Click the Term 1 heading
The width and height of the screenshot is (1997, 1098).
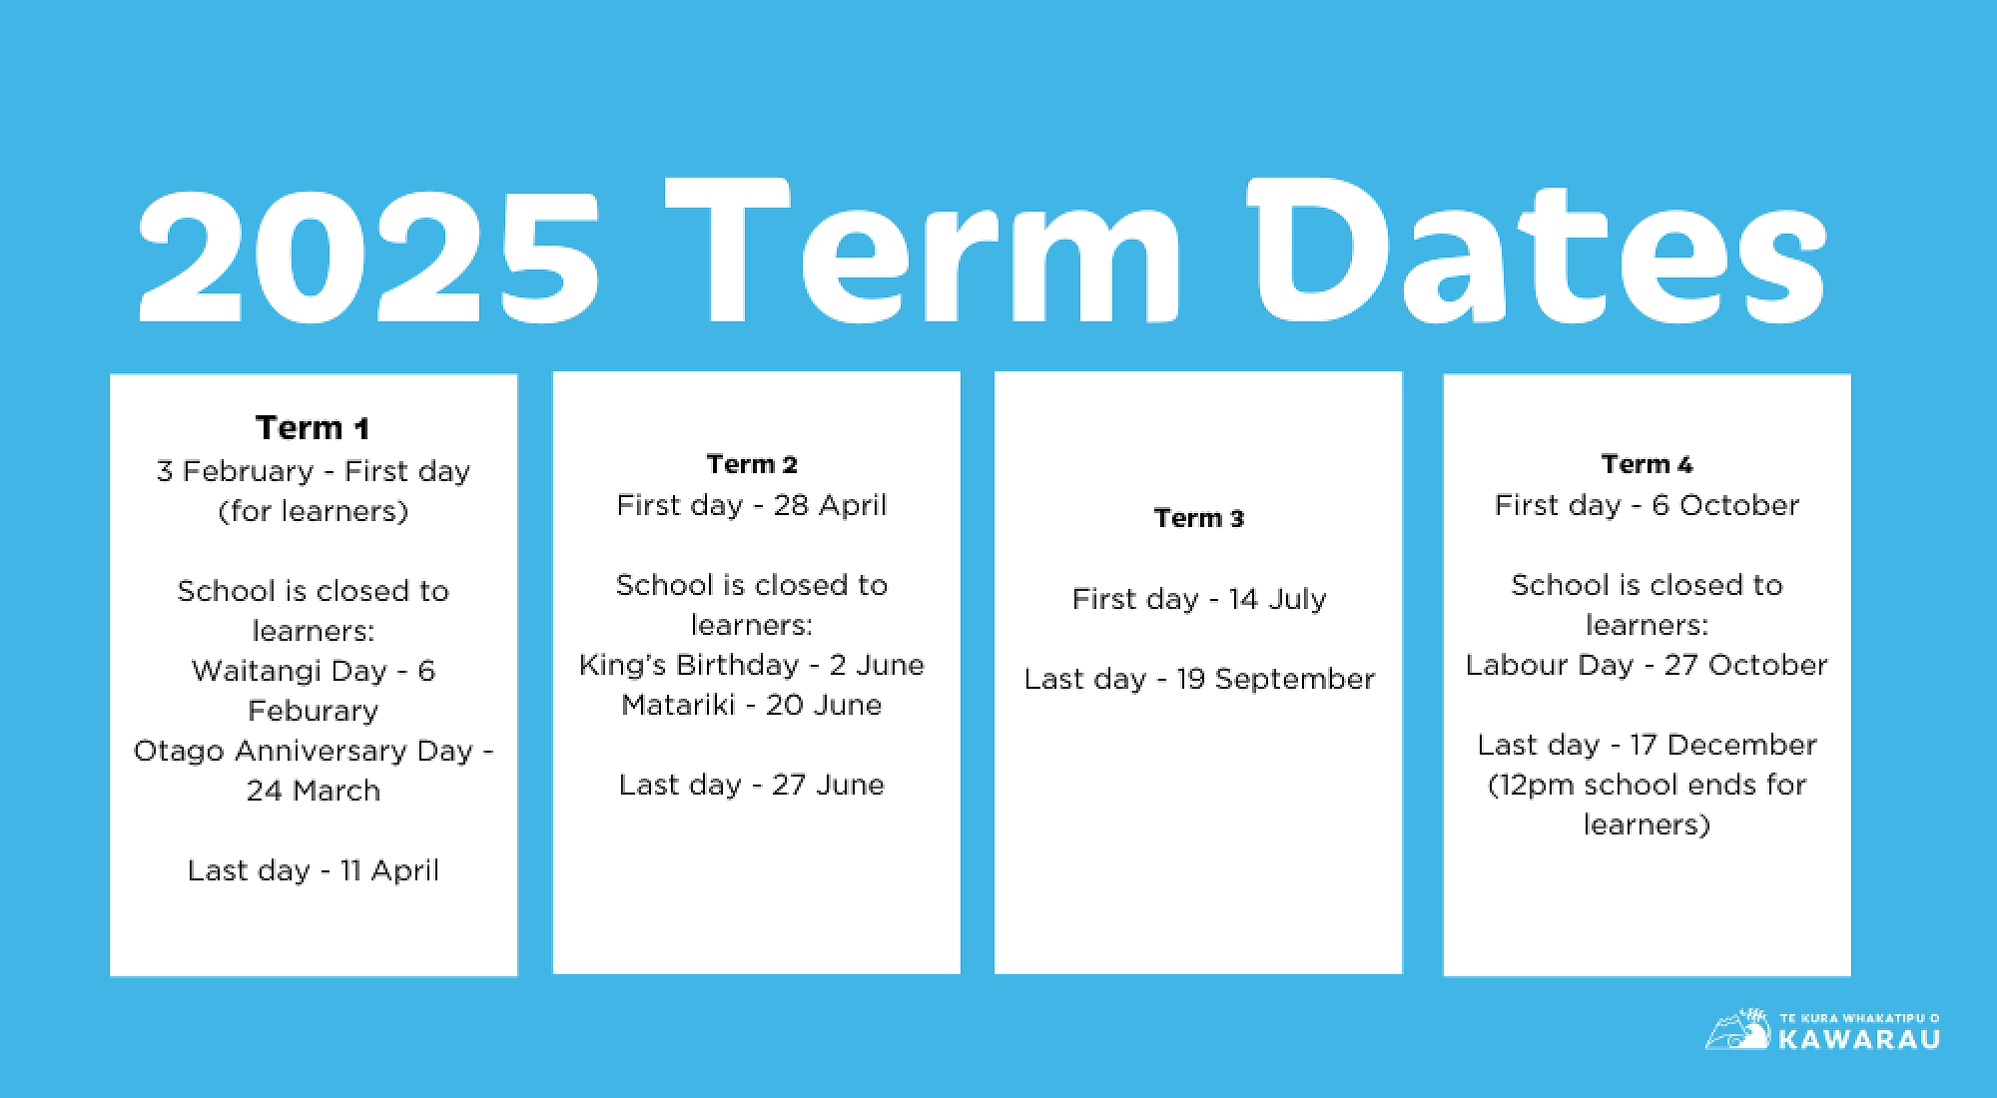313,427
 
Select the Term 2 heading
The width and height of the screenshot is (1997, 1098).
752,464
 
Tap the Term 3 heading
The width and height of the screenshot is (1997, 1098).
1199,518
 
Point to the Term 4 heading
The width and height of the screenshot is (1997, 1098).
1647,464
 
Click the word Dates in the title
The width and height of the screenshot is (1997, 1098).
1538,255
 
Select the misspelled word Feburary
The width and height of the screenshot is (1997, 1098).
314,711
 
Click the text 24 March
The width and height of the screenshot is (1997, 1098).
314,791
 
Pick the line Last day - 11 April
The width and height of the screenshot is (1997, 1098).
314,870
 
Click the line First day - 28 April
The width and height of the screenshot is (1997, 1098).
752,505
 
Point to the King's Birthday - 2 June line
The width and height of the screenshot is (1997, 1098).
752,665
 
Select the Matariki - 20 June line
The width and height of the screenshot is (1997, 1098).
752,705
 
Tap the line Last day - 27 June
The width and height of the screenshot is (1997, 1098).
752,785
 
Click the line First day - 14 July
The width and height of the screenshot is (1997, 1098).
1199,599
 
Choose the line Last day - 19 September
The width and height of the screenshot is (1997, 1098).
1199,679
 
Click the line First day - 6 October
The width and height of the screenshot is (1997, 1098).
1647,505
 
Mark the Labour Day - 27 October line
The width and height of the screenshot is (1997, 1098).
1647,665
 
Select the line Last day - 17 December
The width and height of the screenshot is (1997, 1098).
1647,745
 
